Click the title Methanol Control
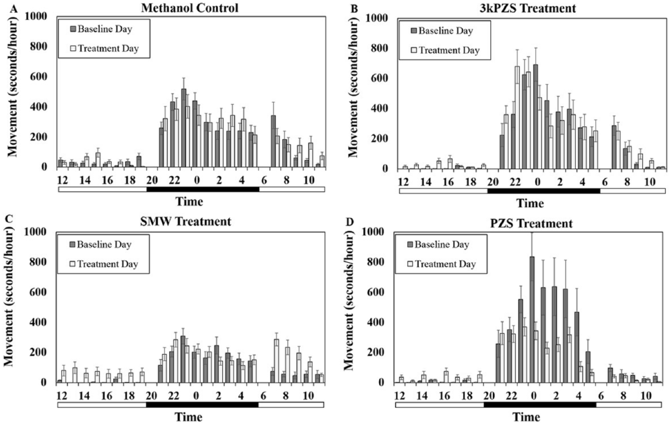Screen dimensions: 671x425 190,8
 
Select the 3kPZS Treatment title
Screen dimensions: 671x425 528,8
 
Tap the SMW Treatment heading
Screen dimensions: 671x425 186,221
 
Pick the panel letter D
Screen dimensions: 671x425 350,222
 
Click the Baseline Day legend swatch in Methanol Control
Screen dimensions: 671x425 73,29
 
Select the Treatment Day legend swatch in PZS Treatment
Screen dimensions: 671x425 410,264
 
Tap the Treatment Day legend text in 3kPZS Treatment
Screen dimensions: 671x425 449,50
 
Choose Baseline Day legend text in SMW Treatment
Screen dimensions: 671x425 104,244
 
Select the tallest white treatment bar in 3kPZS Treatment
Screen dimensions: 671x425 517,117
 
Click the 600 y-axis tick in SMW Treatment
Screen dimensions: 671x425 40,292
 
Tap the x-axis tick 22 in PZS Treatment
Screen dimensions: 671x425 511,395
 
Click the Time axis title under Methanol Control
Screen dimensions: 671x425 189,201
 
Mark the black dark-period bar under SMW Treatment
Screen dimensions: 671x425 202,405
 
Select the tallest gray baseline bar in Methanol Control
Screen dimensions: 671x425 184,128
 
